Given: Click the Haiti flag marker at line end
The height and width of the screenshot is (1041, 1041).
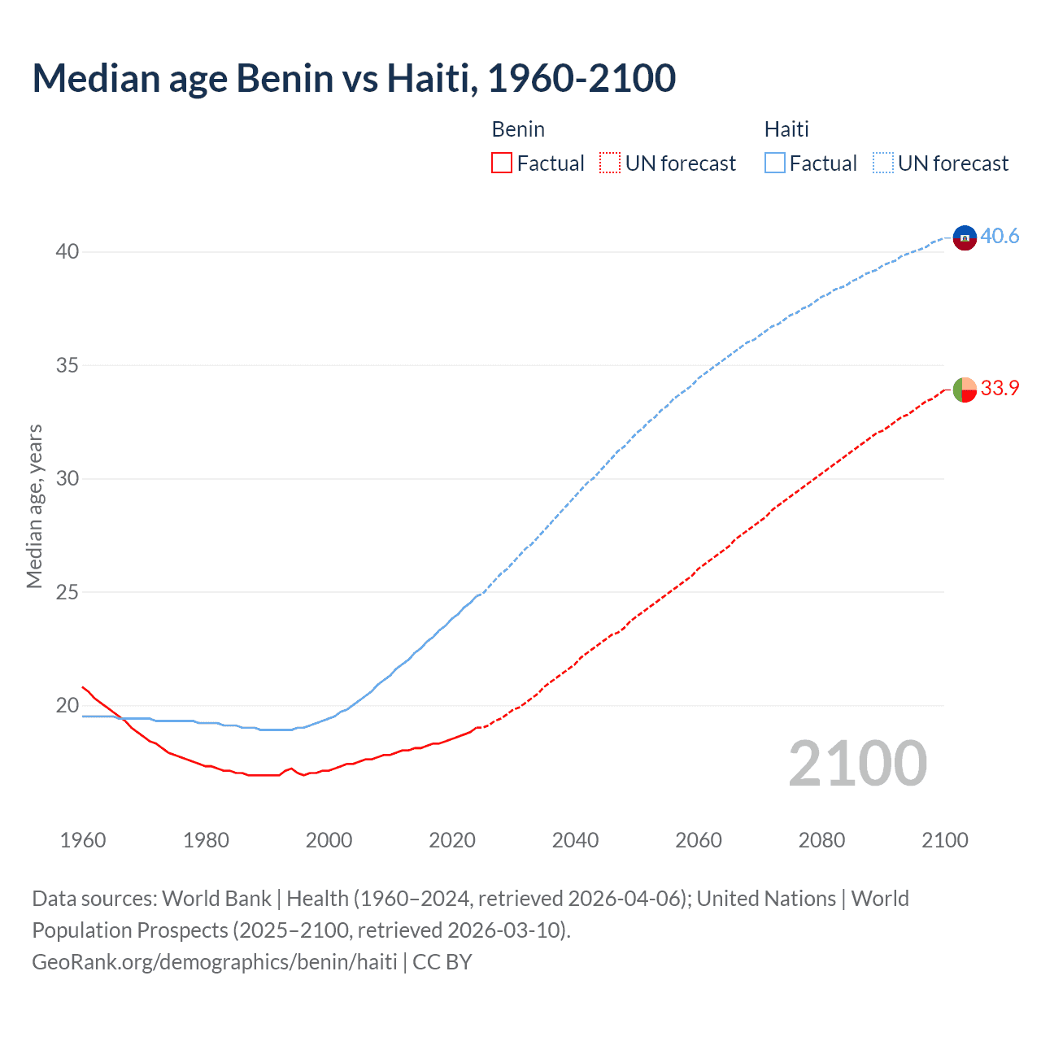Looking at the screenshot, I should [x=965, y=237].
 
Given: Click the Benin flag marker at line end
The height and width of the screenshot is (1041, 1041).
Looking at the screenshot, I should [x=965, y=390].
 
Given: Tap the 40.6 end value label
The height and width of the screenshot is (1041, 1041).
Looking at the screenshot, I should [x=1000, y=237].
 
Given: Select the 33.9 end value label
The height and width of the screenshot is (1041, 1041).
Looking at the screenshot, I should [x=1000, y=389].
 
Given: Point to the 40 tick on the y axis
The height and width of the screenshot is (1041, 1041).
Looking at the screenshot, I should [x=68, y=252].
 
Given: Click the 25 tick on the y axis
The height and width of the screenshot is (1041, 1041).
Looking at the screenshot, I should [x=68, y=592].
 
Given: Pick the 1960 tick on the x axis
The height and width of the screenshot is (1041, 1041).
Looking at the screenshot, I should [x=83, y=840].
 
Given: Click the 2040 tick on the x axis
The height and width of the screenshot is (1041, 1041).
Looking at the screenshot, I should [x=575, y=840].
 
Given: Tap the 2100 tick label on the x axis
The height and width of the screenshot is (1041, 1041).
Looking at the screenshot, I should [x=944, y=840].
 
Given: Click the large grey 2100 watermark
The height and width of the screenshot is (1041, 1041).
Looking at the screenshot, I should [x=857, y=764].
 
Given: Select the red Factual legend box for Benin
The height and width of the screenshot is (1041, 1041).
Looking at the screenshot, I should [x=502, y=163].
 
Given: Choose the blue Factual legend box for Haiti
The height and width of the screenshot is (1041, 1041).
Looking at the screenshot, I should [x=774, y=163].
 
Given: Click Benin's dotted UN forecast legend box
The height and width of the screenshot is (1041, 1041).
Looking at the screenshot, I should [x=610, y=163].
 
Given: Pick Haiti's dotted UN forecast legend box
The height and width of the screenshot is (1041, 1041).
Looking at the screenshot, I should [x=882, y=163].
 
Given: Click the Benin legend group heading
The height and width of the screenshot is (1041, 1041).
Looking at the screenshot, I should [x=518, y=129].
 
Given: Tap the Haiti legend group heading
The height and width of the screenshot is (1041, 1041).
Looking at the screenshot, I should [x=786, y=129].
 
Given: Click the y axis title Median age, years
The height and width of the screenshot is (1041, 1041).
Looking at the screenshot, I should [x=34, y=506].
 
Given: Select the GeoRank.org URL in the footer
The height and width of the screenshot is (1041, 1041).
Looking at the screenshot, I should [x=215, y=962].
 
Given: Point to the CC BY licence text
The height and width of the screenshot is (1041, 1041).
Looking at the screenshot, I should [x=442, y=962].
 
